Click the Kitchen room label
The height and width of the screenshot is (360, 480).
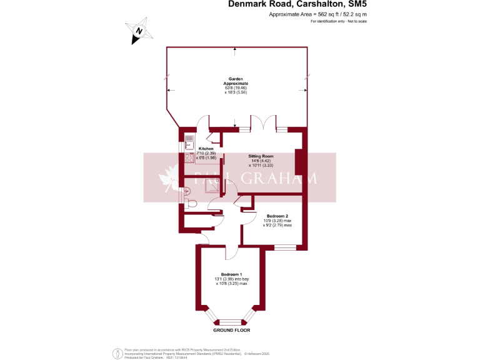tap(206, 149)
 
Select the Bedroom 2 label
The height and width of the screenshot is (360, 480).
tap(277, 216)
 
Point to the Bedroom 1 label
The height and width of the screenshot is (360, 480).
tap(232, 274)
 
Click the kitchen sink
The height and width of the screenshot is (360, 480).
tap(189, 142)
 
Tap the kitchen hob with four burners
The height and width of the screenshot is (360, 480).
tap(189, 158)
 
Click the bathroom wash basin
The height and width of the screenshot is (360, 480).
tap(186, 191)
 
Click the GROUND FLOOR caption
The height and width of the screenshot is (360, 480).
tap(231, 329)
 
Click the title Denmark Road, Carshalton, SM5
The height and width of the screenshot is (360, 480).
tap(297, 5)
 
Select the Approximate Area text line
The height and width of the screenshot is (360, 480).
tap(318, 14)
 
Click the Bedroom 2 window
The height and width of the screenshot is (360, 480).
tap(285, 248)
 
